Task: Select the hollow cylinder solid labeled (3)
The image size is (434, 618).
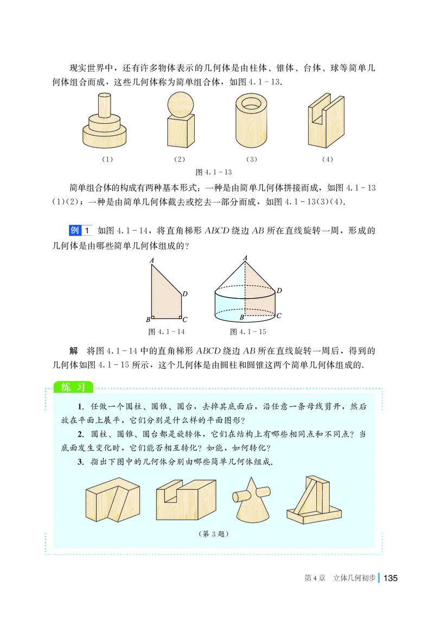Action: pyautogui.click(x=250, y=122)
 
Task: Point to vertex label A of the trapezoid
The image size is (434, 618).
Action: pyautogui.click(x=152, y=261)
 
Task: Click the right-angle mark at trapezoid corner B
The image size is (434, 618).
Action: pyautogui.click(x=154, y=318)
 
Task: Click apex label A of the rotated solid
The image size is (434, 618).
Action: pyautogui.click(x=245, y=258)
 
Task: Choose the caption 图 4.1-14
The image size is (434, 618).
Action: pyautogui.click(x=167, y=331)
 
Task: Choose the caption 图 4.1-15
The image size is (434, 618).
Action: pyautogui.click(x=248, y=331)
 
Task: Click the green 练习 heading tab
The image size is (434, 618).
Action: pyautogui.click(x=73, y=387)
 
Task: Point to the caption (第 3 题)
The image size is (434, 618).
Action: pyautogui.click(x=214, y=533)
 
